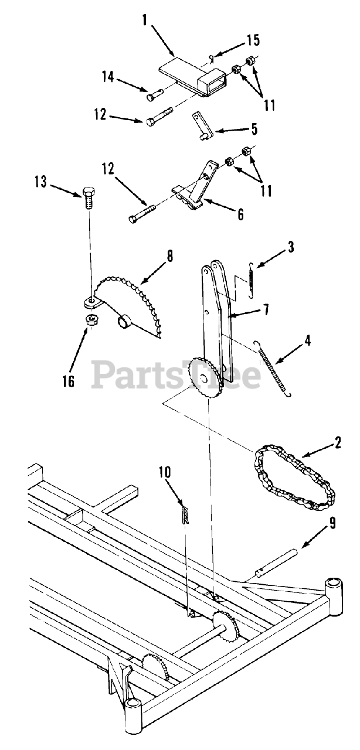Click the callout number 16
(68, 381)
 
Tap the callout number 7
(266, 309)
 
